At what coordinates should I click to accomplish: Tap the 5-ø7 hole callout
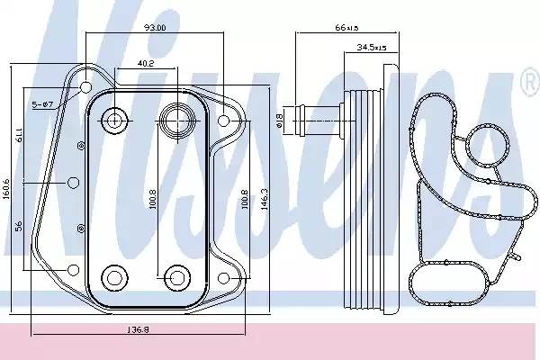pos(45,106)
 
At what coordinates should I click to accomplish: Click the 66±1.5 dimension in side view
pos(346,28)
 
